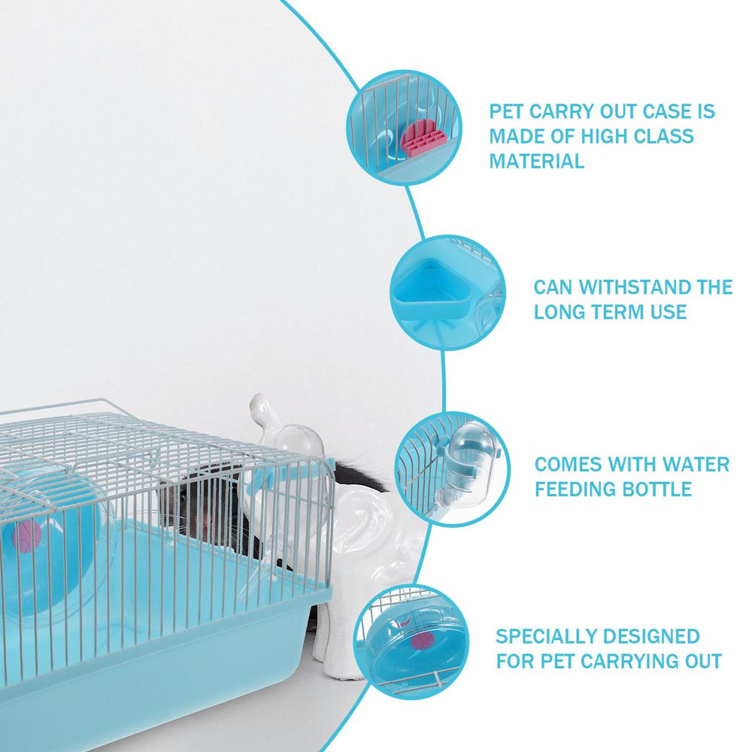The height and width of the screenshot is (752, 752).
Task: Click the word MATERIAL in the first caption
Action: tap(537, 161)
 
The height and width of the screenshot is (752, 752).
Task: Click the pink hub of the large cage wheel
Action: tap(27, 536)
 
